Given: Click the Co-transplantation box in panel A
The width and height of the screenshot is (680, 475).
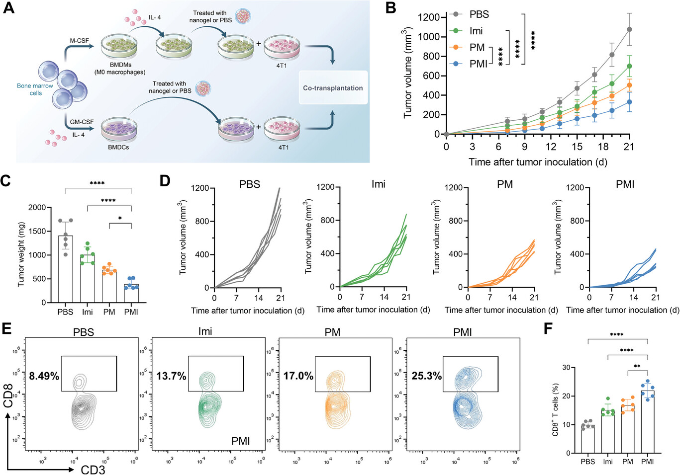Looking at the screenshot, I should coord(333,88).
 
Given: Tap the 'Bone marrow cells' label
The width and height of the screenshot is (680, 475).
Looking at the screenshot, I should coord(35,89).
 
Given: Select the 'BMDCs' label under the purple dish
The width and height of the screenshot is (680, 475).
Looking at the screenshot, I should coord(118,147).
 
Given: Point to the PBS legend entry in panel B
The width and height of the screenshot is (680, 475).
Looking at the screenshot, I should coord(479,14).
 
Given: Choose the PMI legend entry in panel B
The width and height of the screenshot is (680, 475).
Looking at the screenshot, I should coord(478,64).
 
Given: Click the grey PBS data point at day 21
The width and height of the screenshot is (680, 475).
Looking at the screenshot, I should coord(629,30).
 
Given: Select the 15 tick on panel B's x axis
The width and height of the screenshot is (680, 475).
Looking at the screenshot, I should coord(577,147).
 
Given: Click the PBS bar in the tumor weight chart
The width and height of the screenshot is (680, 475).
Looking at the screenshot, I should coord(65,269).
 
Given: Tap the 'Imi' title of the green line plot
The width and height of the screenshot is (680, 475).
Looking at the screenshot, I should coord(378,184).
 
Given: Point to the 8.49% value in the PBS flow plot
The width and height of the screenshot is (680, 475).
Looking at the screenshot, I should coord(44,376).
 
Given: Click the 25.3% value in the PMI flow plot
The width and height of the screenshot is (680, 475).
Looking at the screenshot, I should coord(426,376).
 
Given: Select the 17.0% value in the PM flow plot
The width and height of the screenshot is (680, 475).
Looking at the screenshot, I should coord(298,376).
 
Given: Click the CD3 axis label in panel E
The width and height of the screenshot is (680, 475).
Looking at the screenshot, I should coord(93,470).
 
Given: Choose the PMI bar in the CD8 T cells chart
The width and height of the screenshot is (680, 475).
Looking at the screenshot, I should coord(648,421).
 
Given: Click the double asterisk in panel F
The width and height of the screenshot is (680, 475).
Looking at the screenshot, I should coord(637,367).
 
